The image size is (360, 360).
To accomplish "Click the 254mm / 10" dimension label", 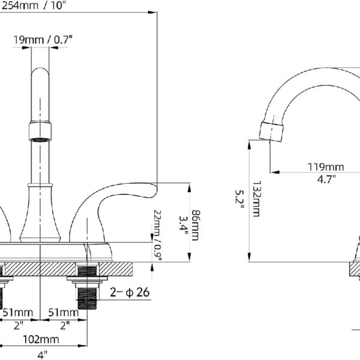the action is pos(32,5).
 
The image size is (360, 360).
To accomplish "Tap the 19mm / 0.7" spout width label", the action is pos(43,40).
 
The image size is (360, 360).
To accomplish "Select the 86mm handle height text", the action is pos(195,225).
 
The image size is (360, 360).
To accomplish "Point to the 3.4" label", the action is pos(184,226).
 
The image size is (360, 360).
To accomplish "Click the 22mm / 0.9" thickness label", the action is pos(158,235).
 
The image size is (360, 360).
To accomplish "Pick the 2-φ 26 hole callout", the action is pos(130,292).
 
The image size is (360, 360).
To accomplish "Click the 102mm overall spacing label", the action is pos(41,339).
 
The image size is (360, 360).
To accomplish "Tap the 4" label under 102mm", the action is pos(42,355).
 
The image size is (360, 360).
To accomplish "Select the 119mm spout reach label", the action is pos(326,167).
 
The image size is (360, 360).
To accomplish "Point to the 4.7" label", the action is pos(326,179).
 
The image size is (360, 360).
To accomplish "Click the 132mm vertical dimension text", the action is pos(256,199).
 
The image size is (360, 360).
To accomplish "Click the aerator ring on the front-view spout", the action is pos(40,131).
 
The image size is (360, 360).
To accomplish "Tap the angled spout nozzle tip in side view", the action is pos(271,131).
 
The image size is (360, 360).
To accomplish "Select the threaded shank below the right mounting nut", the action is pos(88,298).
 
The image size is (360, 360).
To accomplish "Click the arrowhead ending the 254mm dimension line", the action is pos(152,12).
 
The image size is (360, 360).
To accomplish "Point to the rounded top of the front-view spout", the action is pos(40,71).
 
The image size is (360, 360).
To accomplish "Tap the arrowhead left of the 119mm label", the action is pos(275,172).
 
